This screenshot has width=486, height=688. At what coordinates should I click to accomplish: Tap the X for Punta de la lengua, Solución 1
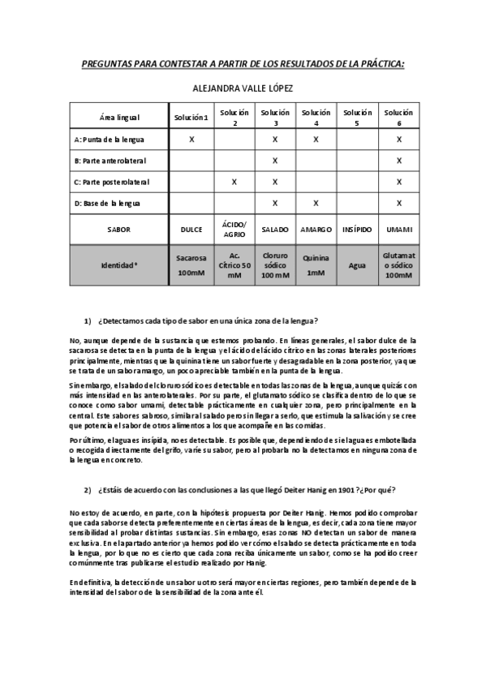coord(191,140)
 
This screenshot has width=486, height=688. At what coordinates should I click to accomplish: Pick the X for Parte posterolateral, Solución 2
coord(234,181)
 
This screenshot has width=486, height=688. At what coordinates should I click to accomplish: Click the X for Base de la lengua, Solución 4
coord(316,202)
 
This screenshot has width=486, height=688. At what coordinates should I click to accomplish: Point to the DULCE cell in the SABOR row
coord(191,230)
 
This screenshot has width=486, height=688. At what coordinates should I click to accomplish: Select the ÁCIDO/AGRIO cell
coord(234,230)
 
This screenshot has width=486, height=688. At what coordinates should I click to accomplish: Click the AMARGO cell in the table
coord(316,230)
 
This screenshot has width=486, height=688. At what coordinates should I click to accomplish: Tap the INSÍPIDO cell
coord(357,230)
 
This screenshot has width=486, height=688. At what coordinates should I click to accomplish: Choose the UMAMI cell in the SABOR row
coord(398,230)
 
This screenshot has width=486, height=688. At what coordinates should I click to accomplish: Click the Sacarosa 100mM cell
coord(191,264)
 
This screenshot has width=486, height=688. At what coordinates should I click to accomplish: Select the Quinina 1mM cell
coord(316,264)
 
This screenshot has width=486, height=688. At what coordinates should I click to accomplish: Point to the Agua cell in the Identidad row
coord(357,264)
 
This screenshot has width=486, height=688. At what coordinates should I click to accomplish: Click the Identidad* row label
coord(118,264)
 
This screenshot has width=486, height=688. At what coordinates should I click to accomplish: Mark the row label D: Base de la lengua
coord(106,202)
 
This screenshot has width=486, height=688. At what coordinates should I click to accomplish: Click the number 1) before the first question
coord(88,320)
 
